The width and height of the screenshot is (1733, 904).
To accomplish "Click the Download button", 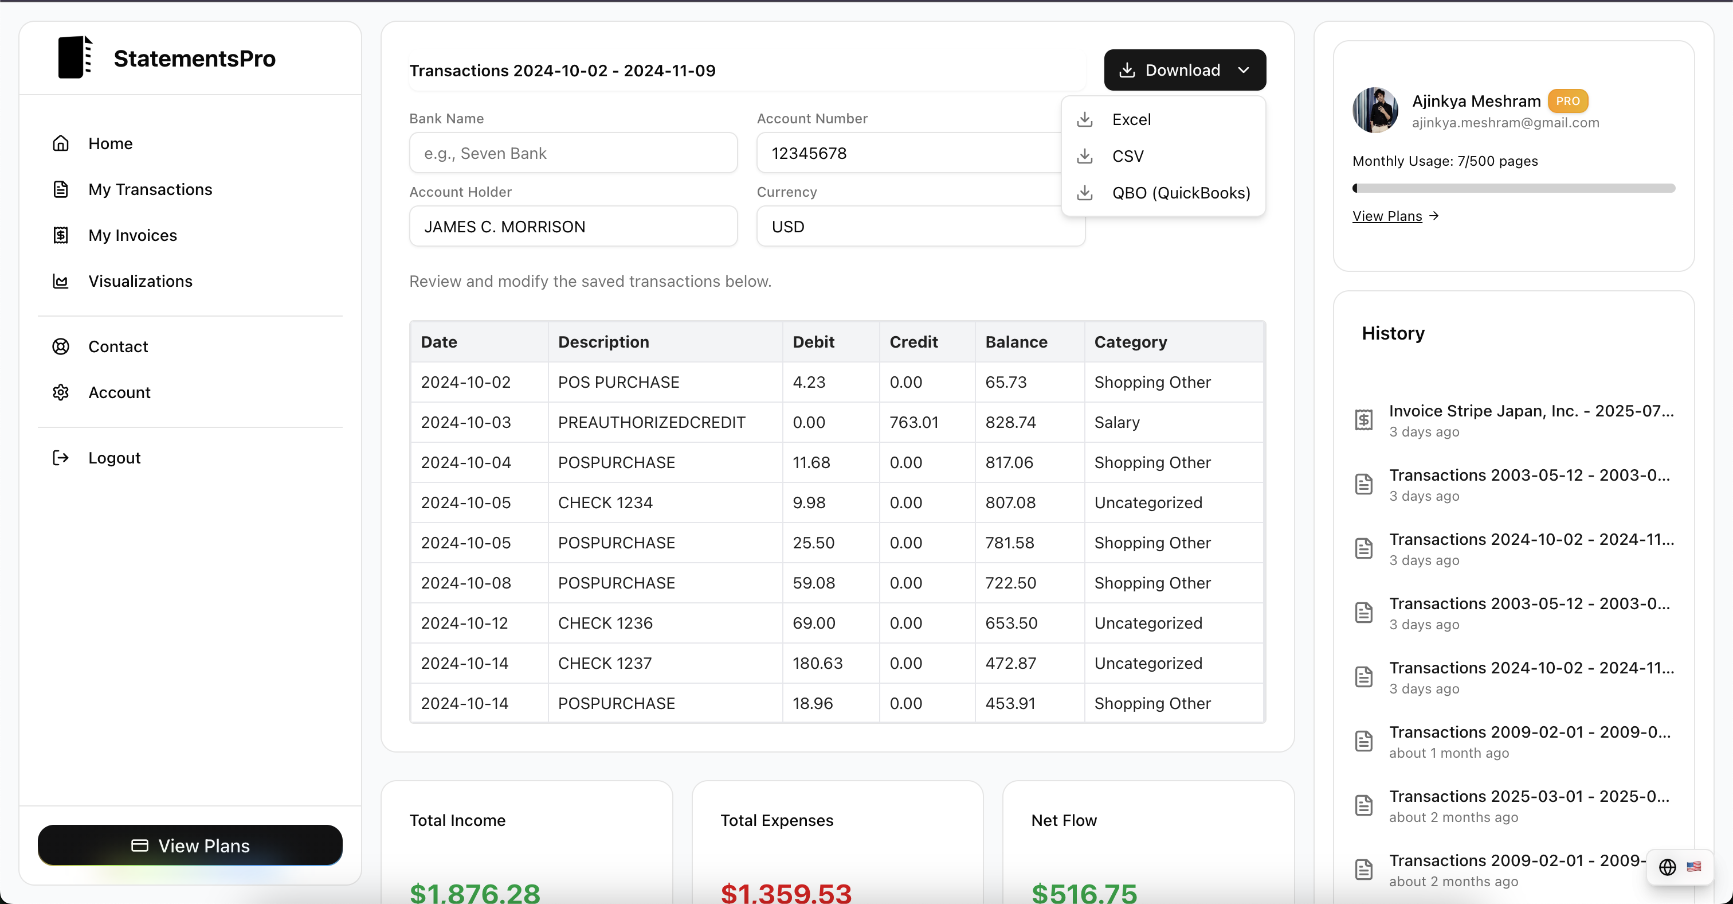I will coord(1184,70).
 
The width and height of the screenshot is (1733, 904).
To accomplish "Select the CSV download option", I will coord(1127,156).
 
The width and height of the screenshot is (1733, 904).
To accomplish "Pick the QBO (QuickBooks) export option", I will coord(1180,193).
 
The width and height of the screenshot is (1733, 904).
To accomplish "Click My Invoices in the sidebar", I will coord(132,236).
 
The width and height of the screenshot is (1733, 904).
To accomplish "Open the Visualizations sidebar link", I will coord(140,282).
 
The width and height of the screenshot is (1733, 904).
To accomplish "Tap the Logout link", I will coord(115,458).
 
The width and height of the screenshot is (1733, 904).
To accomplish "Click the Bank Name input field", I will coord(573,154).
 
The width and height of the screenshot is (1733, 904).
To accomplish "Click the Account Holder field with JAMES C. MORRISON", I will coord(573,227).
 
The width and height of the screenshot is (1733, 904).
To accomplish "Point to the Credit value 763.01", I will coord(913,423).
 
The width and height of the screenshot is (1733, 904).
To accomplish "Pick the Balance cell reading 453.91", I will coord(1010,703).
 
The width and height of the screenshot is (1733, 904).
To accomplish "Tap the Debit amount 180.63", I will coord(817,664).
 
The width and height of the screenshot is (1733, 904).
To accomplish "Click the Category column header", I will coord(1130,342).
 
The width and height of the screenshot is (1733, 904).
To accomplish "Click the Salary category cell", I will coord(1117,423).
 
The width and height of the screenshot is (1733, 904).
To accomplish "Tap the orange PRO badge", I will coord(1567,101).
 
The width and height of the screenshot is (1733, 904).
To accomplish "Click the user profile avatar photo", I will coord(1375,110).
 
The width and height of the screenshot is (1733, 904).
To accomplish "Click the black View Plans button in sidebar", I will coord(190,845).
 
